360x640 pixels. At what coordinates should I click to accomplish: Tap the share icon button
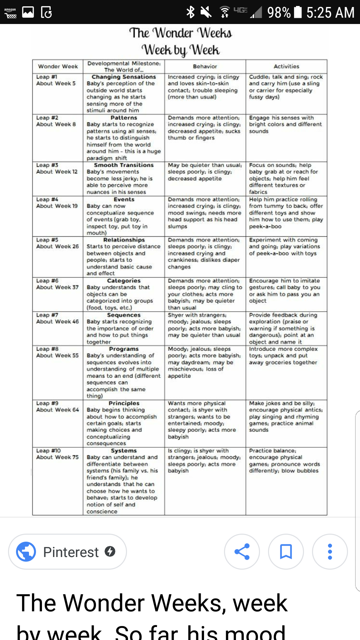tap(242, 552)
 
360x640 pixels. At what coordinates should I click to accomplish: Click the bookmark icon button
tap(286, 552)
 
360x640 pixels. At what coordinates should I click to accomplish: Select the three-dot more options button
tap(330, 552)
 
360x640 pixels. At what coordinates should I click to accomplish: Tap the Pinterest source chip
tap(67, 552)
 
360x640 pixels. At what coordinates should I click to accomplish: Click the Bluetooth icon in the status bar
tap(190, 12)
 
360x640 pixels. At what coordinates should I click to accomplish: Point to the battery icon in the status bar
tap(298, 12)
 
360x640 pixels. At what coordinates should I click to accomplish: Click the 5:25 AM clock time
tap(330, 13)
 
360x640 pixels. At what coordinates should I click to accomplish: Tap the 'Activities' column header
tap(286, 66)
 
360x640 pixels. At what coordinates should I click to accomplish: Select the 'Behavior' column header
tap(205, 66)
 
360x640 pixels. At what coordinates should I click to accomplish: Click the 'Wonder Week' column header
tap(58, 66)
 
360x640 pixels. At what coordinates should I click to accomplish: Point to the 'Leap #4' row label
tap(47, 199)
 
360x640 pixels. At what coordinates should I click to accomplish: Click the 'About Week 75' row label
tap(57, 457)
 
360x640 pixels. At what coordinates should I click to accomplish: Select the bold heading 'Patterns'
tap(124, 118)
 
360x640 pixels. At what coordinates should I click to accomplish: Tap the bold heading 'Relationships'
tap(124, 240)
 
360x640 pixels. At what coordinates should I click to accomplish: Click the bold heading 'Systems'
tap(124, 451)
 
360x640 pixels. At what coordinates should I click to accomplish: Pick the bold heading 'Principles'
tap(124, 403)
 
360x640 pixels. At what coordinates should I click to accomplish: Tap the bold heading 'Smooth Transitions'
tap(124, 165)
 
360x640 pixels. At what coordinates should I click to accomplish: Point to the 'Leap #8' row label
tap(47, 349)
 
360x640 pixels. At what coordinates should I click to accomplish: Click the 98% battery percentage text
tap(279, 13)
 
